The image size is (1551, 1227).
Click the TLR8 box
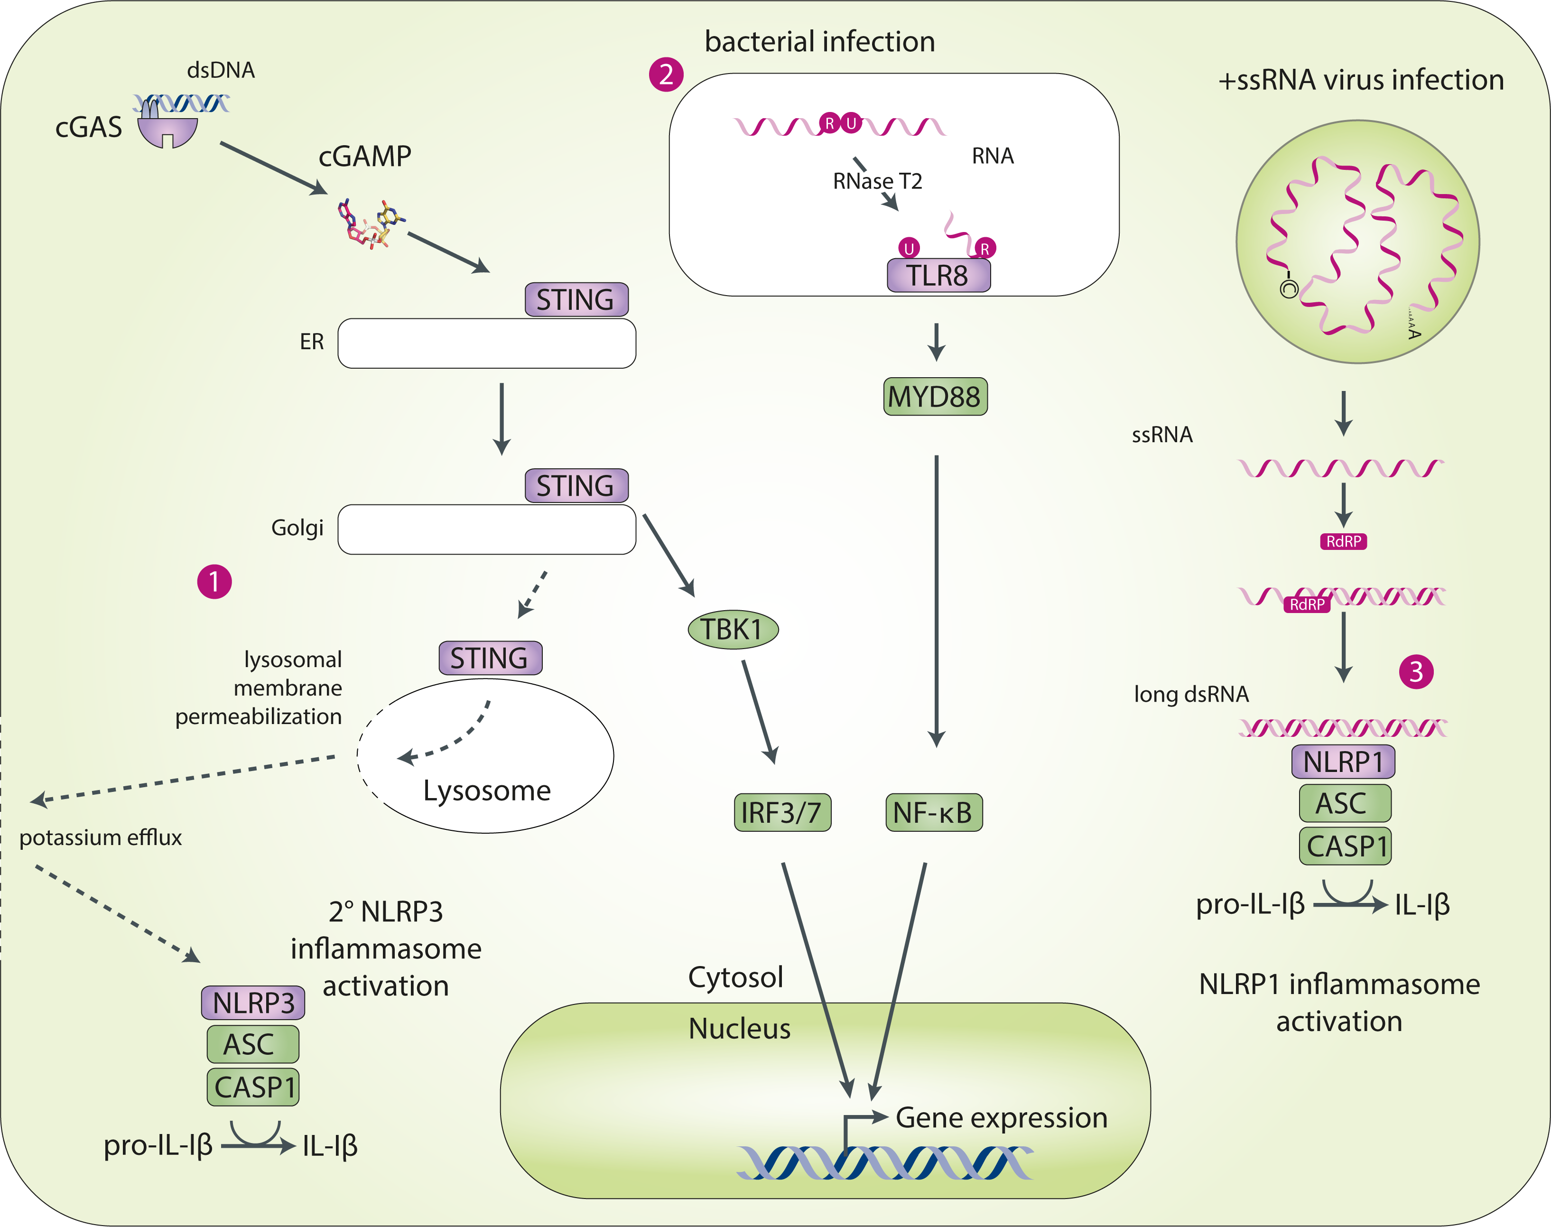[x=938, y=276]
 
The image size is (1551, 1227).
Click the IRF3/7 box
[x=781, y=812]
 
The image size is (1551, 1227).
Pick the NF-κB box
[x=933, y=812]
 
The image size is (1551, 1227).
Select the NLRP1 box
[x=1343, y=762]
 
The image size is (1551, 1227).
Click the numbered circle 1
[x=214, y=581]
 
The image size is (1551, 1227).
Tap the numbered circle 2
[x=666, y=74]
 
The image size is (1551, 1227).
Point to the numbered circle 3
[x=1416, y=672]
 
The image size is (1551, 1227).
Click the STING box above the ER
[x=576, y=299]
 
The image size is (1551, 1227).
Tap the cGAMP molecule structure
[x=370, y=223]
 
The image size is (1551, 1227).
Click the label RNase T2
[x=877, y=181]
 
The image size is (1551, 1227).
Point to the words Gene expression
[x=1002, y=1118]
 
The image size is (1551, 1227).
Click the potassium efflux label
[x=101, y=837]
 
